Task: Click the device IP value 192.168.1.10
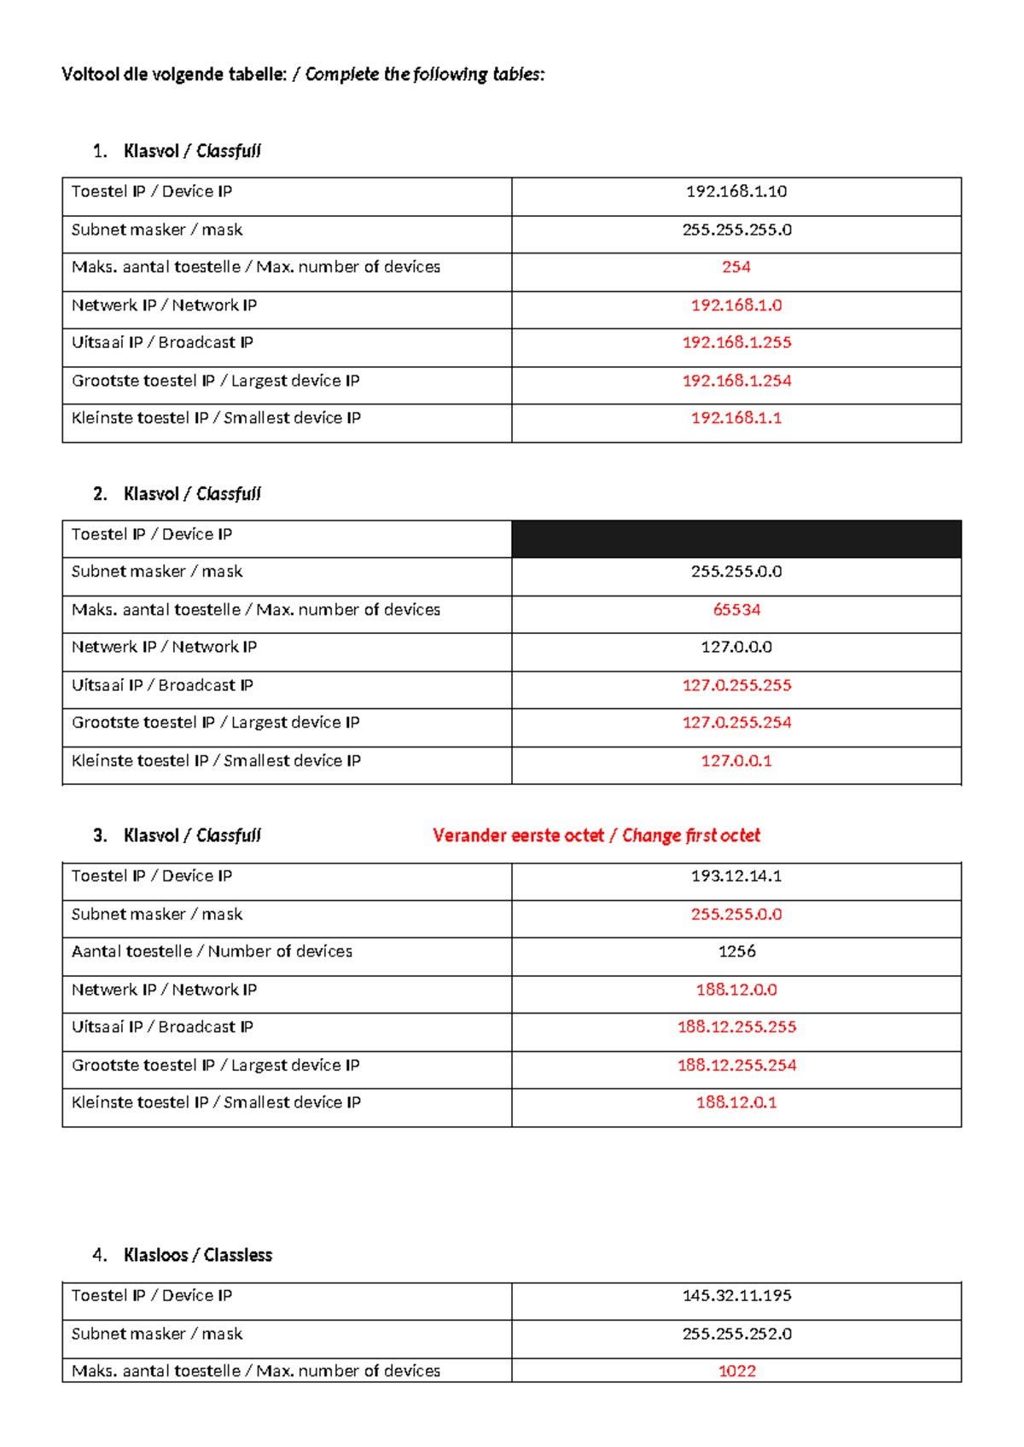[736, 191]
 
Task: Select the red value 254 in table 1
[736, 267]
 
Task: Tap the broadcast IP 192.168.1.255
[736, 342]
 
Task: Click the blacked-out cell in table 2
[736, 539]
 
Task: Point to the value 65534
[736, 610]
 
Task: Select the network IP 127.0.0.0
[736, 647]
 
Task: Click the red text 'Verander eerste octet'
[518, 835]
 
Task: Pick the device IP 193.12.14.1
[736, 876]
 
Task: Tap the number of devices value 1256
[736, 951]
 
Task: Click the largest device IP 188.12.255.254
[736, 1065]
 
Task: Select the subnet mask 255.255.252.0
[736, 1334]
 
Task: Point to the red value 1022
[736, 1371]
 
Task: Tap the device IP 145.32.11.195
[736, 1295]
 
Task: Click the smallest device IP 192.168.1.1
[736, 418]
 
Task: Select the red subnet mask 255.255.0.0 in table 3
[736, 914]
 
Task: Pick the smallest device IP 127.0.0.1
[736, 760]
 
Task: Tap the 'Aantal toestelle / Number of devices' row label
[212, 951]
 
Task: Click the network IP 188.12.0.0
[736, 990]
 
